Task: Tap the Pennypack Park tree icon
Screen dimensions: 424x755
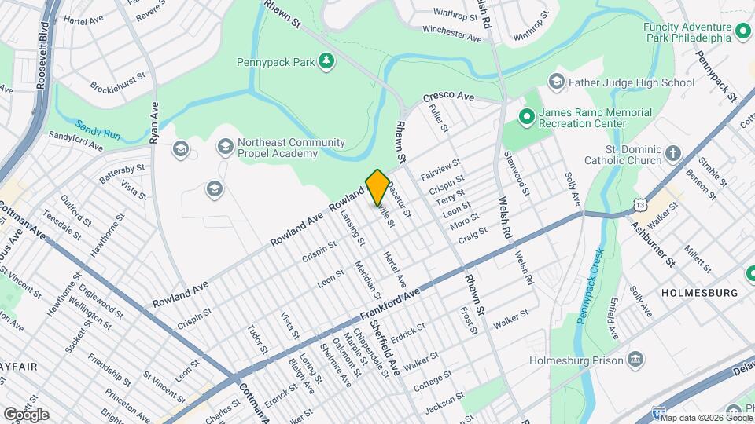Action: coord(326,61)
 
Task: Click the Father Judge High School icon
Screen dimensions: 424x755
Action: coord(557,82)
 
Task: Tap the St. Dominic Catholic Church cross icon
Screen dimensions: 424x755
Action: coord(673,154)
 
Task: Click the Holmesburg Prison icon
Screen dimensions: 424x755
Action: coord(635,360)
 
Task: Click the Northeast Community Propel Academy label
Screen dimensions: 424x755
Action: coord(281,148)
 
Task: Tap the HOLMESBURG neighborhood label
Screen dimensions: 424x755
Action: coord(700,293)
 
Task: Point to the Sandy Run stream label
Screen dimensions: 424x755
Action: coord(98,130)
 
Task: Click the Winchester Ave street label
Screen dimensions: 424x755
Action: coord(451,32)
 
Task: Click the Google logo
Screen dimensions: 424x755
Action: coord(26,414)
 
